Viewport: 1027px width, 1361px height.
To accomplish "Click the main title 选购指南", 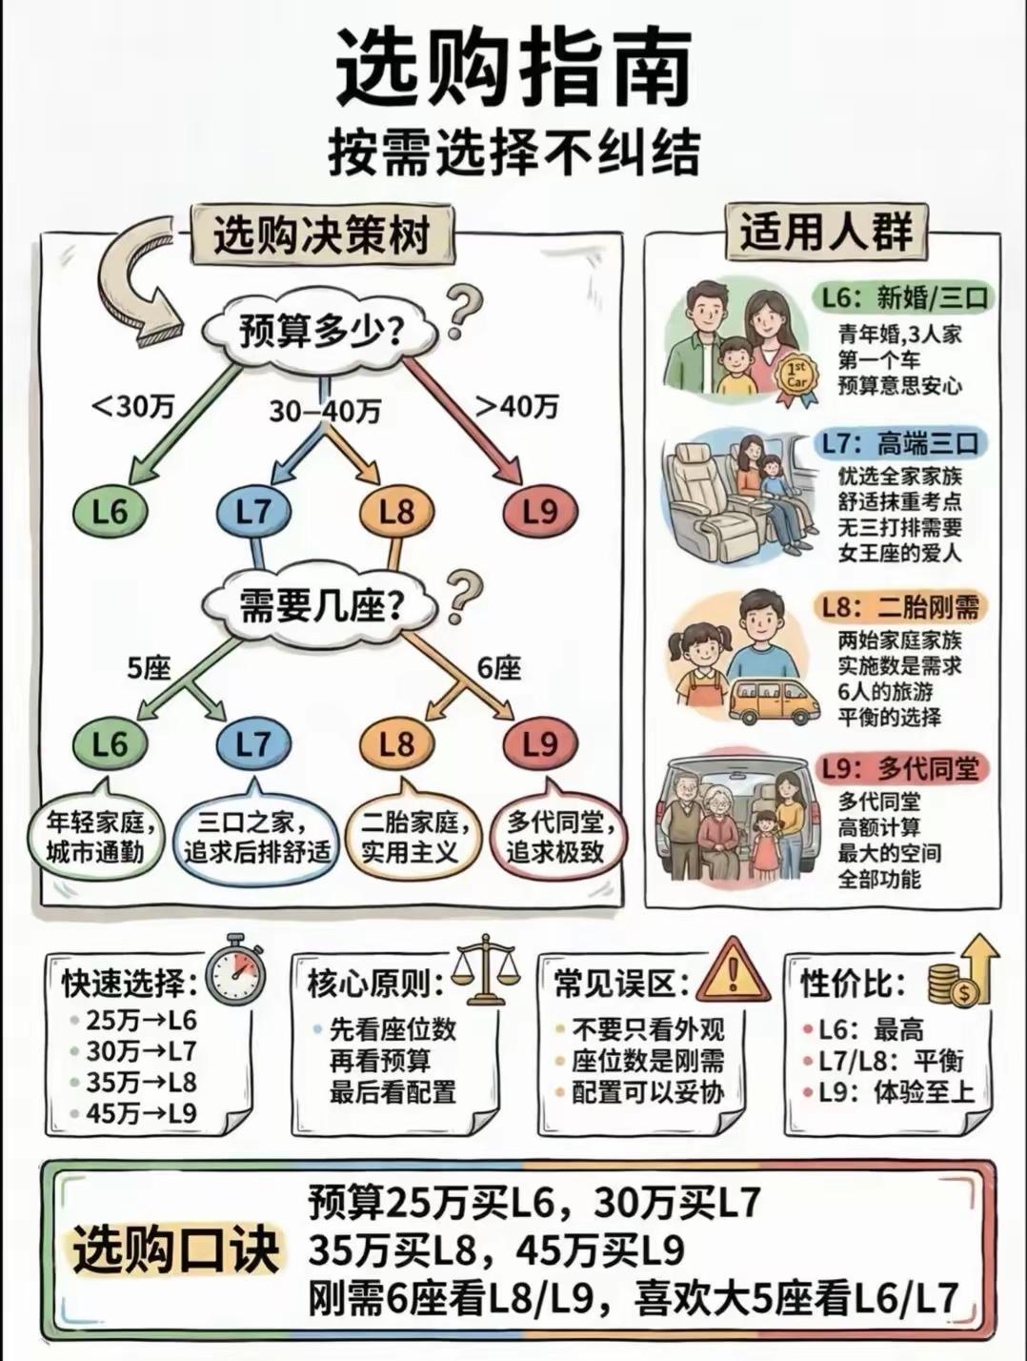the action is (513, 69).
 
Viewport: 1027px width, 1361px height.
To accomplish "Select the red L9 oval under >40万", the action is (540, 513).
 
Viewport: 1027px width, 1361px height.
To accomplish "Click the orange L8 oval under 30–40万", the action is (396, 513).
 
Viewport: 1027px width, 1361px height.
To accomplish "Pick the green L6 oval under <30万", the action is (111, 513).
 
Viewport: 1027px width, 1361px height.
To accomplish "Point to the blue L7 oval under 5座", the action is (253, 744).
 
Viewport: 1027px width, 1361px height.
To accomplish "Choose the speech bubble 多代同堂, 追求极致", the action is (554, 836).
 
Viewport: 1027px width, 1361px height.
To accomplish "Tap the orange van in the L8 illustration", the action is (775, 701).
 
